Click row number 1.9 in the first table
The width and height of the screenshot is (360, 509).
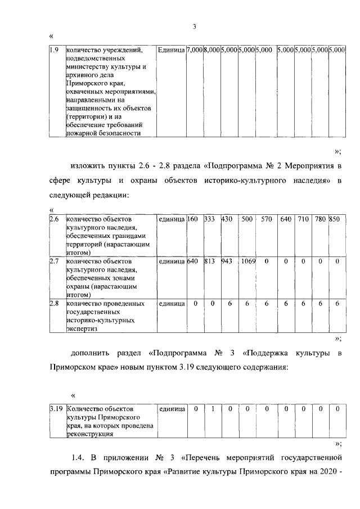pos(54,51)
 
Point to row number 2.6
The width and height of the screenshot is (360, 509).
pos(54,218)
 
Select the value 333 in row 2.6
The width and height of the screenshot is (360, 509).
pos(210,218)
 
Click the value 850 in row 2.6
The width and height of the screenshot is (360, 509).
pos(336,218)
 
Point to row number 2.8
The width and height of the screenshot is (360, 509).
pos(54,304)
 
